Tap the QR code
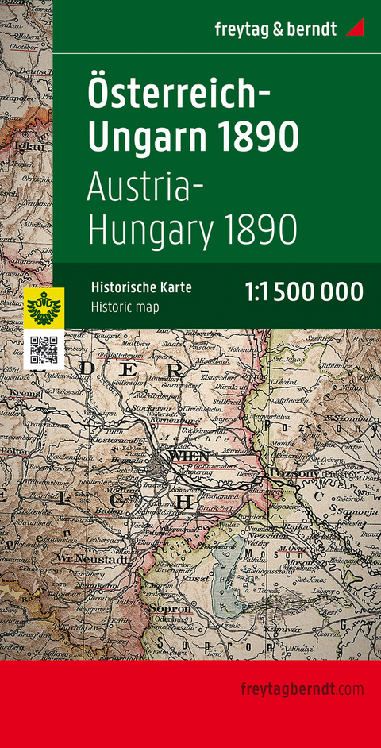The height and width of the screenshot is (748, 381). pyautogui.click(x=44, y=350)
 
